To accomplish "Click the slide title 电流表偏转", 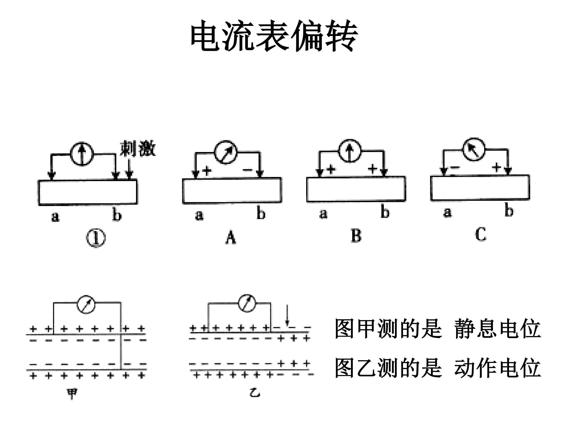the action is pyautogui.click(x=274, y=36).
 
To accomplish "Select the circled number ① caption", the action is pyautogui.click(x=96, y=238).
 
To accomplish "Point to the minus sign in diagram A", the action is pyautogui.click(x=247, y=170).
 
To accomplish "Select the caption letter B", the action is pyautogui.click(x=356, y=236).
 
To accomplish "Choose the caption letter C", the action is pyautogui.click(x=481, y=234).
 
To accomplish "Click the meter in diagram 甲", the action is pyautogui.click(x=86, y=304).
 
